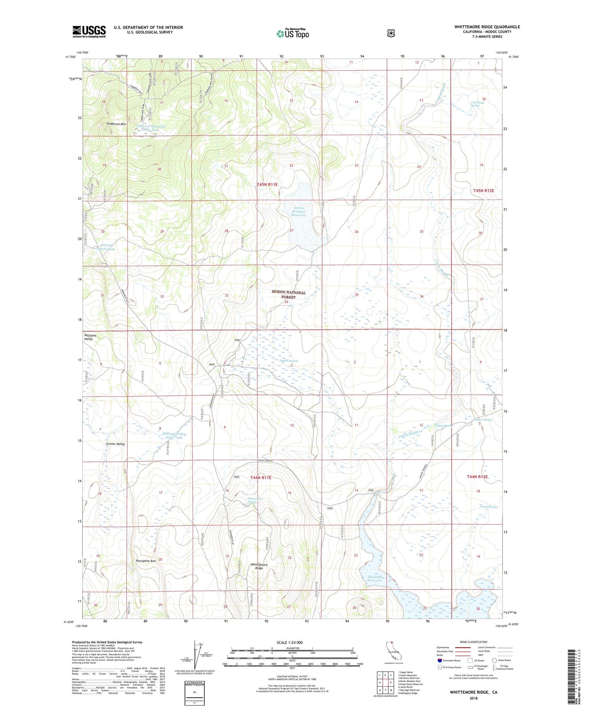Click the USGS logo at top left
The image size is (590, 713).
coord(89,31)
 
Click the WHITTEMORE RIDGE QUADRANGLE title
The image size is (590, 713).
coord(487,27)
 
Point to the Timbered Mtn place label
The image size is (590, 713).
coord(116,124)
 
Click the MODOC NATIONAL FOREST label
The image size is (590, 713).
coord(288,295)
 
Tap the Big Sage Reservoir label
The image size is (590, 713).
coord(375,579)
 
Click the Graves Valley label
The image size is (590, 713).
coord(115,444)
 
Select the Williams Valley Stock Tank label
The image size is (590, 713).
coord(174,435)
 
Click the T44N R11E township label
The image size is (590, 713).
coord(261,477)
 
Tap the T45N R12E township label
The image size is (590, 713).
coord(483,190)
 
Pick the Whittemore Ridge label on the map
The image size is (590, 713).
coord(259,566)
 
